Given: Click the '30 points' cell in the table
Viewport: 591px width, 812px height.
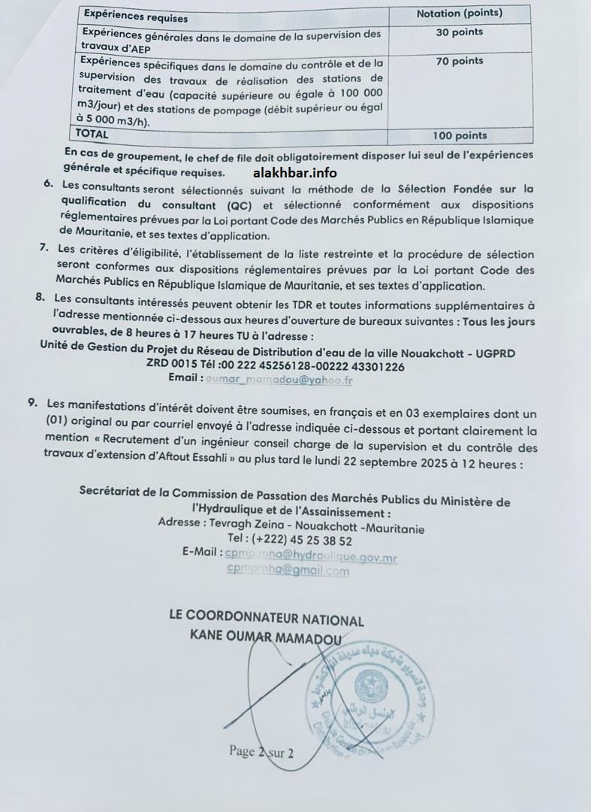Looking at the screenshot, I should pos(459,32).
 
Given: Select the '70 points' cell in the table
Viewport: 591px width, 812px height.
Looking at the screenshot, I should pos(459,61).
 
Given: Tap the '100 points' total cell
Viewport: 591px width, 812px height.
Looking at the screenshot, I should pos(460,136).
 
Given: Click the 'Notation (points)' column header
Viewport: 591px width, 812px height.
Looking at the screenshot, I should pos(459,14).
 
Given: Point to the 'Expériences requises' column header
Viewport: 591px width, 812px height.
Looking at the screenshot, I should pos(136,17).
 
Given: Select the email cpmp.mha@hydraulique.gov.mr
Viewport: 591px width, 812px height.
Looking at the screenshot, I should pos(311,557).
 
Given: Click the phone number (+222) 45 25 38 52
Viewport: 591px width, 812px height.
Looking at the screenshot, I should pos(289,541).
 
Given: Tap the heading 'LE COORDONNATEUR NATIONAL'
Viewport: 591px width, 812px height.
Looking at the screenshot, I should pos(267,620).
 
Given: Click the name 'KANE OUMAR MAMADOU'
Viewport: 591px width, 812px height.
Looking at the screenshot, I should pos(267,637).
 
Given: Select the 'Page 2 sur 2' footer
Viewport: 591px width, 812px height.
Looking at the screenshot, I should pos(261,752).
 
